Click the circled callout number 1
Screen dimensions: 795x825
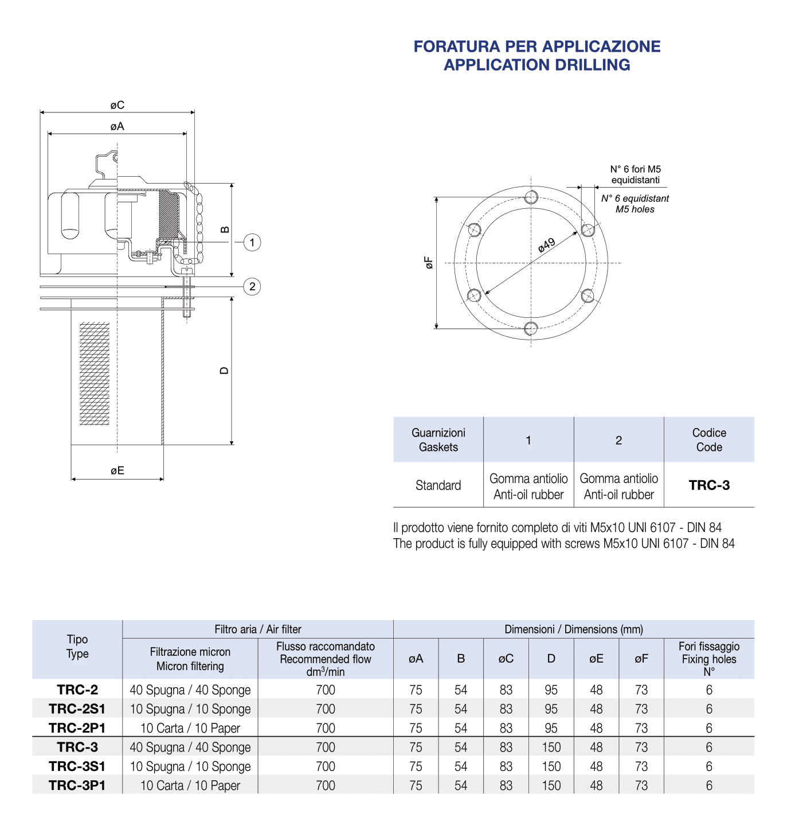252,243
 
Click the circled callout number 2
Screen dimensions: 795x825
252,287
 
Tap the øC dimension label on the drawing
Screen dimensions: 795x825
118,105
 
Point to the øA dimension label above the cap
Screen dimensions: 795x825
118,126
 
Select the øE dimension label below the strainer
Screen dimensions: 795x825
118,470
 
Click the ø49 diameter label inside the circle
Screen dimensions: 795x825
546,244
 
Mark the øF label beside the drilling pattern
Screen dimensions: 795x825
429,262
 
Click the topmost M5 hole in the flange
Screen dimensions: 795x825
531,197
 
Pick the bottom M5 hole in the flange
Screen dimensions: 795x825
531,328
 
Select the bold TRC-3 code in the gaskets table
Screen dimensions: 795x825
709,485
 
